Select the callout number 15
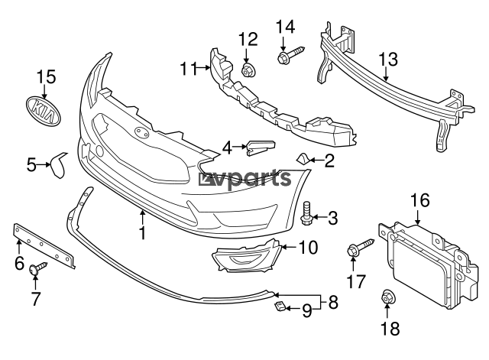pos(47,76)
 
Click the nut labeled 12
pos(248,71)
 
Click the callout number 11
pos(188,69)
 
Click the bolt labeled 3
pos(307,214)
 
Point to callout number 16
pos(419,201)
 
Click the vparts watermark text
pos(247,180)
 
